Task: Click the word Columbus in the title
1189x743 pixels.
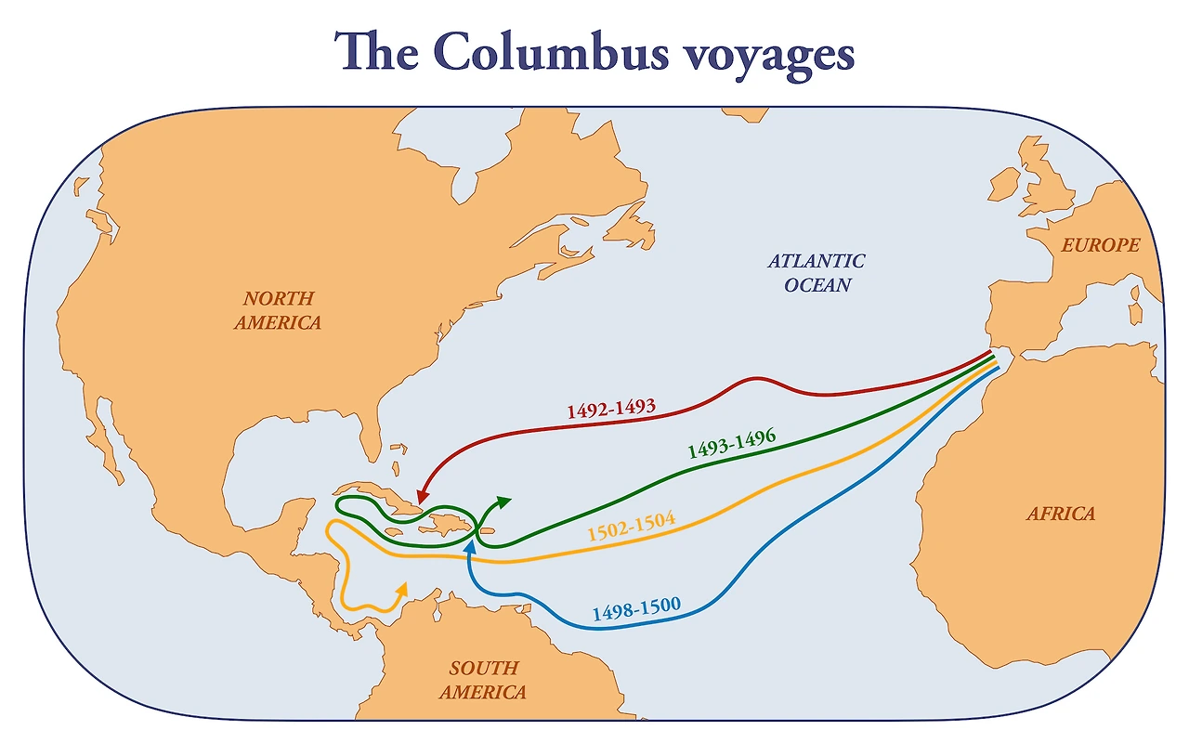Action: tap(548, 52)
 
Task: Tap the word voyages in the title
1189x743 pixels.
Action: tap(766, 56)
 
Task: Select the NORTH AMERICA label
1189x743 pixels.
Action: tap(279, 310)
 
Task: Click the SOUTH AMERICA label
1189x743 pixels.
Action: tap(483, 680)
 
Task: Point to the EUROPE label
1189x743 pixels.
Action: tap(1101, 246)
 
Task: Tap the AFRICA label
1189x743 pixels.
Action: tap(1060, 514)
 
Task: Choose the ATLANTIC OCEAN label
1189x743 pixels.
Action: tap(817, 273)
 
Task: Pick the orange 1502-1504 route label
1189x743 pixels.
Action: tap(632, 528)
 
